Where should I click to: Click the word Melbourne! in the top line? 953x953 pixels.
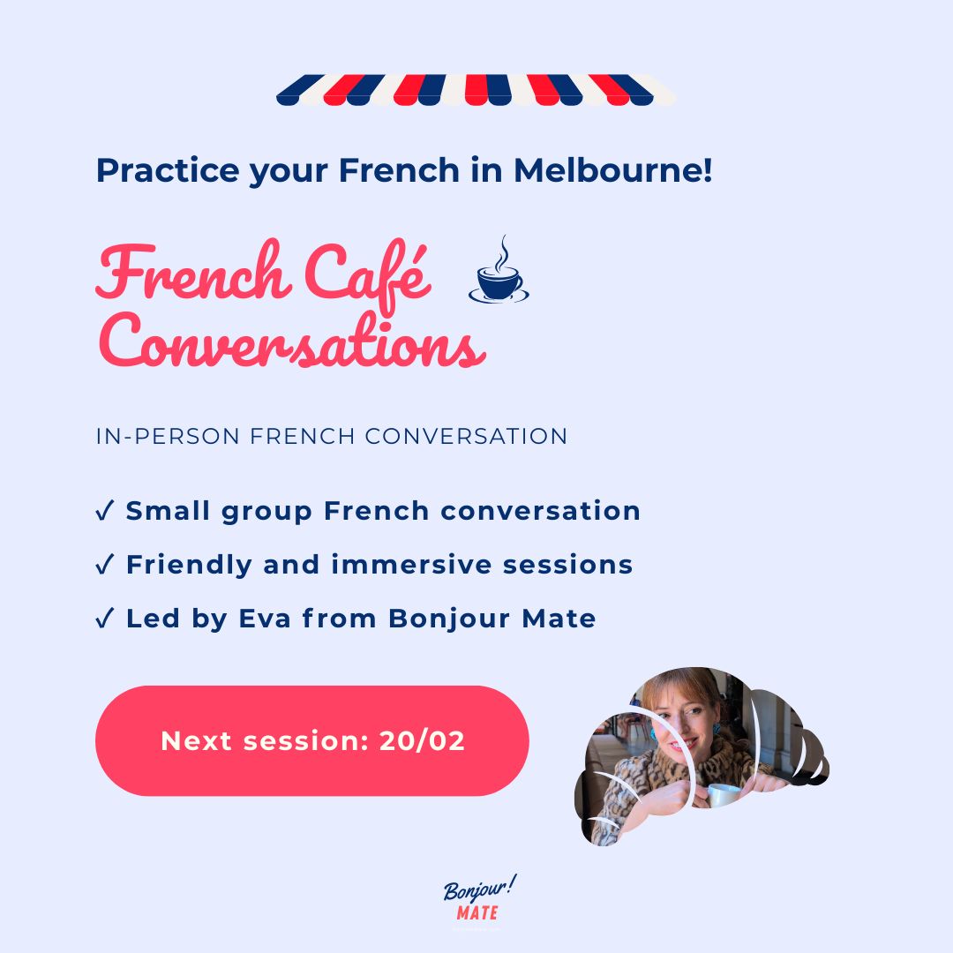(612, 169)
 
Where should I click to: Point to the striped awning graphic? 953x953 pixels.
(476, 90)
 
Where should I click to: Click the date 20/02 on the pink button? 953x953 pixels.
(422, 741)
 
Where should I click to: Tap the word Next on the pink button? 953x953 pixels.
(198, 741)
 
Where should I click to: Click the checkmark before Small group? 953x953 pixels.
(104, 511)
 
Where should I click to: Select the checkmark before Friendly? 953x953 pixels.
(104, 565)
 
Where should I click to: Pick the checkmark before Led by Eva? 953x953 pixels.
(104, 619)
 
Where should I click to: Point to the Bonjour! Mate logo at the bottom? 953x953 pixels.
(477, 900)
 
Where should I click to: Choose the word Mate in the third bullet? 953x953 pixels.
(559, 619)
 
